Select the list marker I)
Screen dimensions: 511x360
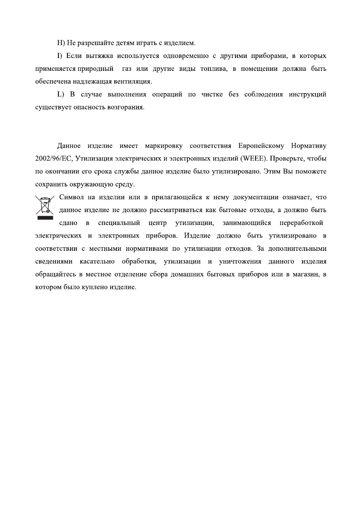point(60,56)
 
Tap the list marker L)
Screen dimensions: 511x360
point(61,94)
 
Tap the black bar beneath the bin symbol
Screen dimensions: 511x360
point(44,218)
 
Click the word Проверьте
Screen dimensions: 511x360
point(287,159)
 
